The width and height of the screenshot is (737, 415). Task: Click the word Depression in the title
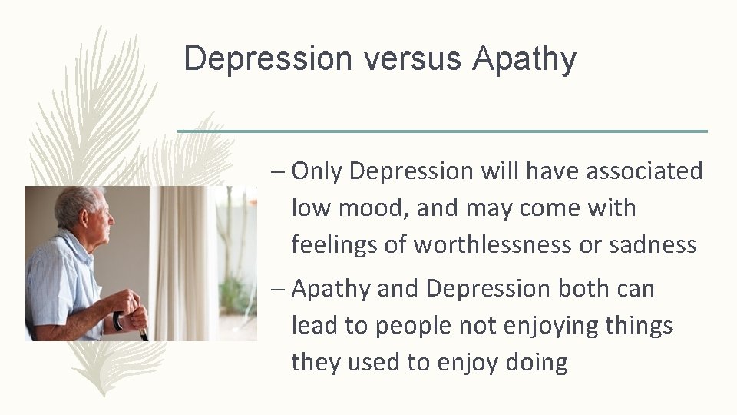point(262,59)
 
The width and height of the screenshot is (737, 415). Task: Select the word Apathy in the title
point(524,59)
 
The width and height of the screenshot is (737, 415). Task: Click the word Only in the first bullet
point(316,171)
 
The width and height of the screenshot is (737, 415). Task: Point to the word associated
point(644,171)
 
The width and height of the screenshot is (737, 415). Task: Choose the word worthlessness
point(521,244)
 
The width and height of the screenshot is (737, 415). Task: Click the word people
point(418,325)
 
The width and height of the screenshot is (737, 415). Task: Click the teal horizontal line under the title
point(443,131)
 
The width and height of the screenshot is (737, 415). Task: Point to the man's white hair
point(73,200)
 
